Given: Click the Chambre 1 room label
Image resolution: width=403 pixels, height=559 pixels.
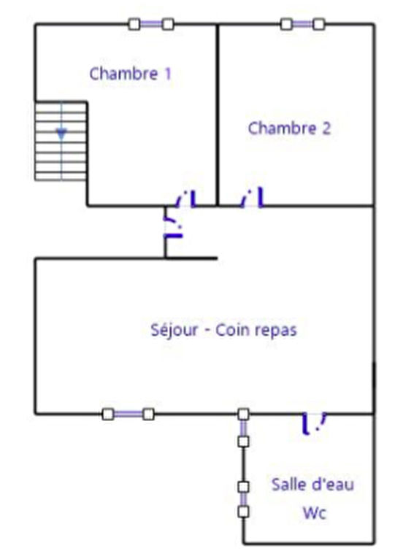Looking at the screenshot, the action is click(130, 74).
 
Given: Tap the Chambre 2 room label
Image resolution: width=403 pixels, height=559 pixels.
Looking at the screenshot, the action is click(289, 128).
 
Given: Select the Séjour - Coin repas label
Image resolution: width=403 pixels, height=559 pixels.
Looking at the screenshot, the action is click(223, 330).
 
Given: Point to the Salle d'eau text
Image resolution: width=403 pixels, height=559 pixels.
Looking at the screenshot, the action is click(312, 485).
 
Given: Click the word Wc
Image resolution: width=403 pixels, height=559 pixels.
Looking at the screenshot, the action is click(314, 513).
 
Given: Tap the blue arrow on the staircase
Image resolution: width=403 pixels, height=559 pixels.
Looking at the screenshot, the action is click(61, 134).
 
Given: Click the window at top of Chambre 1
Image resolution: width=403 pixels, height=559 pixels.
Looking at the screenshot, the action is click(151, 24).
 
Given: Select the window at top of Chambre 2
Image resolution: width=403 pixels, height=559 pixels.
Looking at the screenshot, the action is click(302, 24).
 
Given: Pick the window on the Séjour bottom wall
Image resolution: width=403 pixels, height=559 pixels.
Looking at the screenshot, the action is click(128, 414).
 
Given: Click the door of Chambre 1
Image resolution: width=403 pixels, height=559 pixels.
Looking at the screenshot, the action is click(185, 198).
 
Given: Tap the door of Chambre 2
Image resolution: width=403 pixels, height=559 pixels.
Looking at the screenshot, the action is click(252, 198).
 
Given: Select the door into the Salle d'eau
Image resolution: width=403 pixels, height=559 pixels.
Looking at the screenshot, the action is click(314, 423).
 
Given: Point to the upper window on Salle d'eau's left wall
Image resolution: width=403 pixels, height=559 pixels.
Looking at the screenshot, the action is click(243, 428).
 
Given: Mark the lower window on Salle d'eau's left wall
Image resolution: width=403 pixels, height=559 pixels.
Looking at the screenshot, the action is click(243, 499).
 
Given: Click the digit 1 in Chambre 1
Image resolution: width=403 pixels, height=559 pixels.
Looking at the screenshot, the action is click(168, 74).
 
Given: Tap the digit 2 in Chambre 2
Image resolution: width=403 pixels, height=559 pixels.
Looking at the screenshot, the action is click(326, 128).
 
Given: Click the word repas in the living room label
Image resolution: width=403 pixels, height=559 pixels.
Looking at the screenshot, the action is click(276, 331).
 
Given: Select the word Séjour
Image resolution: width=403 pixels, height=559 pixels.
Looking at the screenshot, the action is click(174, 330).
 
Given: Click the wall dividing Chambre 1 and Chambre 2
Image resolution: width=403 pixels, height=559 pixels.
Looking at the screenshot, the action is click(217, 115).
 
